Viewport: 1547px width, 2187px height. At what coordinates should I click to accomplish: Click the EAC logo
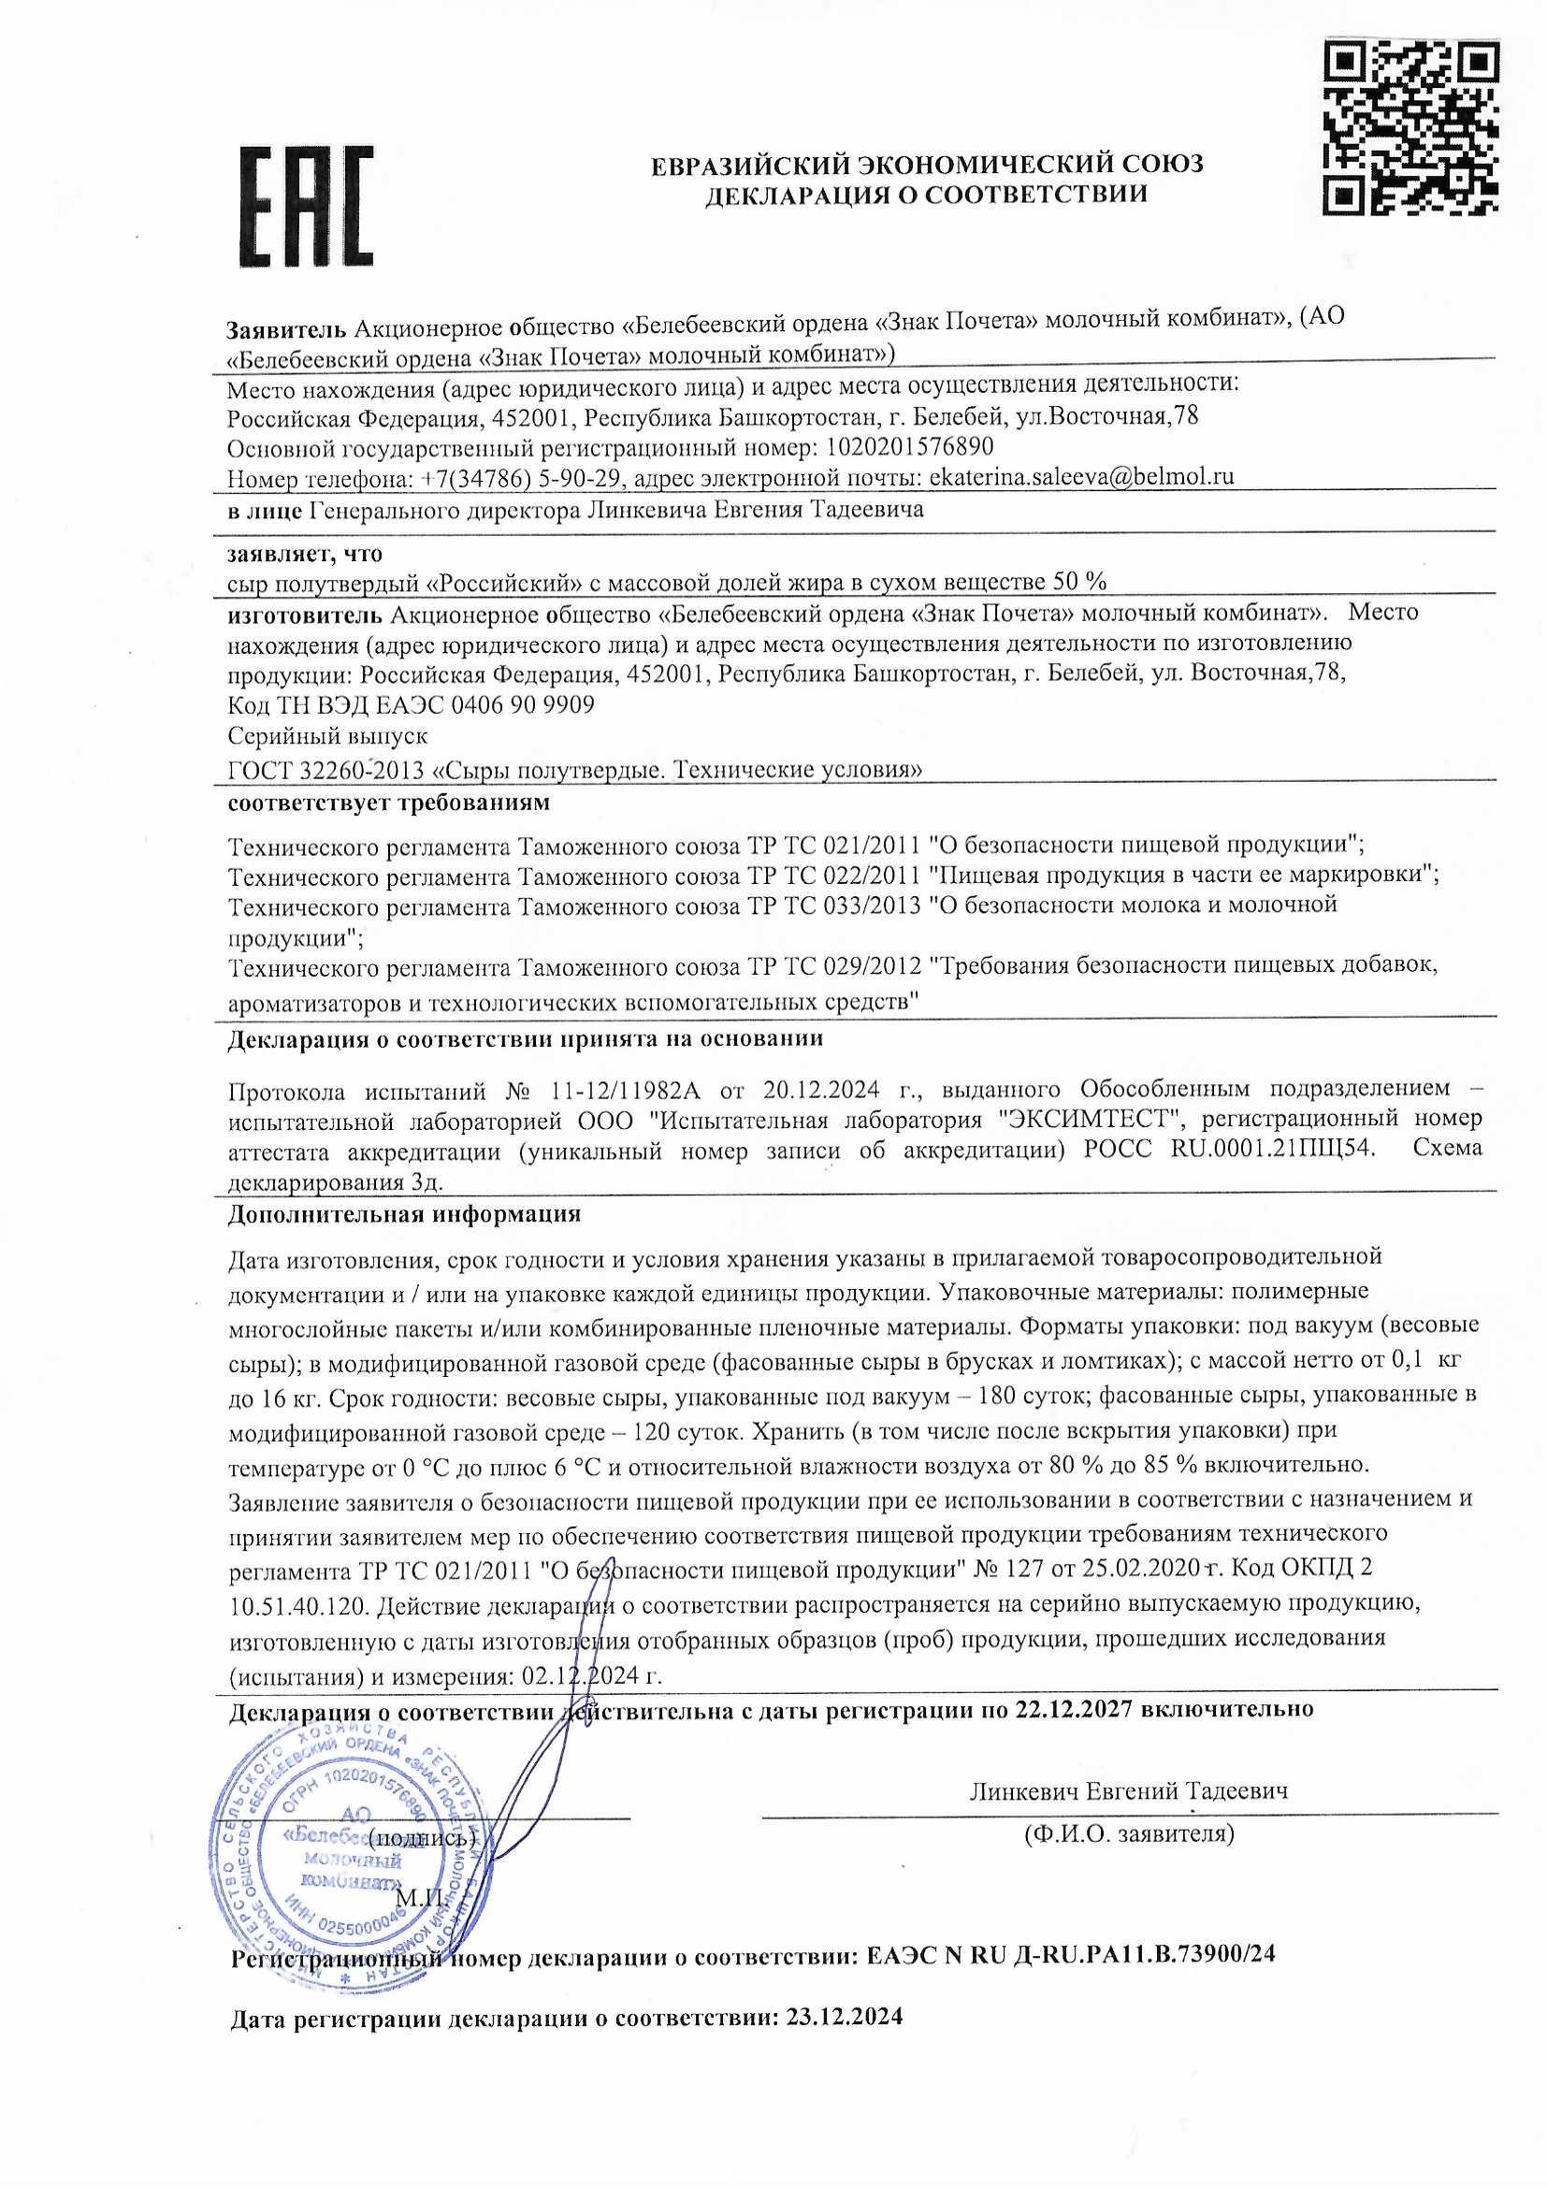(x=305, y=207)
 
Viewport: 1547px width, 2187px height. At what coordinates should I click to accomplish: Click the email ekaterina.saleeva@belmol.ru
(x=1081, y=475)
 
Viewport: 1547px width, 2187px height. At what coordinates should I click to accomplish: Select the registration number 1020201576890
(x=910, y=446)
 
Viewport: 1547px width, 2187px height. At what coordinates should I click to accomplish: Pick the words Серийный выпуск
(x=327, y=735)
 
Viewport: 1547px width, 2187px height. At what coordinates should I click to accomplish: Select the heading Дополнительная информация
(x=404, y=1214)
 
